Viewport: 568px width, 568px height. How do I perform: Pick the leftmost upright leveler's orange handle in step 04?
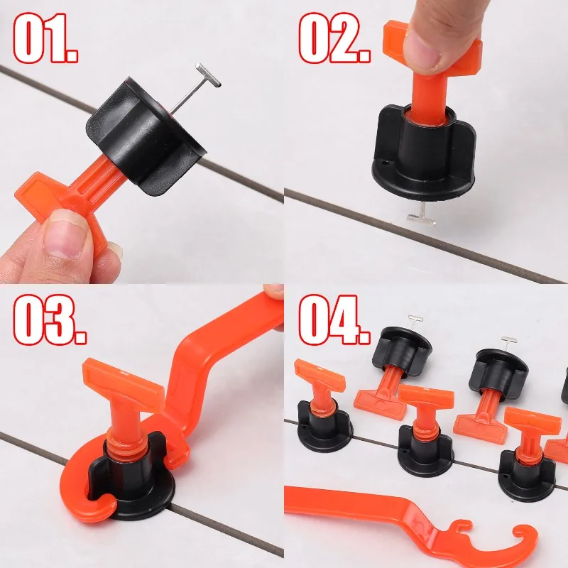[319, 376]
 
